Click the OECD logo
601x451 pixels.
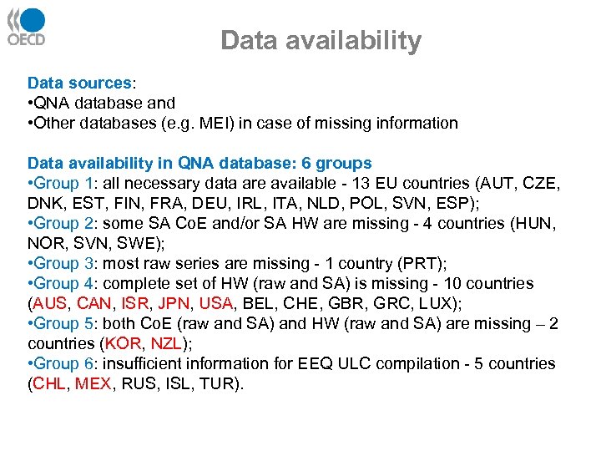[27, 26]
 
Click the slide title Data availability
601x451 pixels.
[321, 40]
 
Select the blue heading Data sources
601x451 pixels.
[79, 83]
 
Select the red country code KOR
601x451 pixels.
[124, 343]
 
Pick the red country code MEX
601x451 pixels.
[95, 383]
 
